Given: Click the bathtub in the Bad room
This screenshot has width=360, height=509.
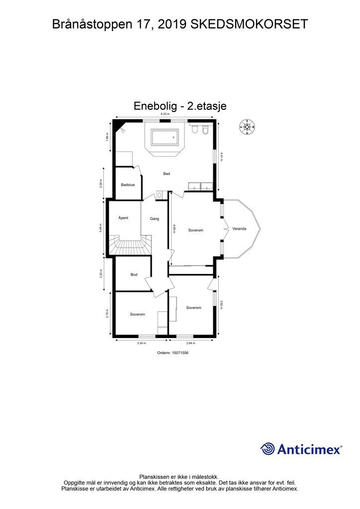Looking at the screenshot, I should click(x=164, y=137).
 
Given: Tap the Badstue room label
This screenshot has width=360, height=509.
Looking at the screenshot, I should click(x=128, y=185).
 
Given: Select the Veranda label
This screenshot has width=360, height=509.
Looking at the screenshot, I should click(x=239, y=229).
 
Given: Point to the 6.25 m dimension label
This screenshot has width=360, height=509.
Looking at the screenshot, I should click(x=165, y=115).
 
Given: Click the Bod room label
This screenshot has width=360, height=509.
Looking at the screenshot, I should click(x=134, y=274).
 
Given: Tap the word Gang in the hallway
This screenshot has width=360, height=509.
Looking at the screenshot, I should click(x=154, y=219).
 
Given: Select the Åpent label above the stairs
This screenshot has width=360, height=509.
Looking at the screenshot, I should click(x=124, y=218).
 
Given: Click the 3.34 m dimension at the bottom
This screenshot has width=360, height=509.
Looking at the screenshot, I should click(x=141, y=343).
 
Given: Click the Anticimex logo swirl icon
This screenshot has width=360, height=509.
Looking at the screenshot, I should click(x=268, y=449).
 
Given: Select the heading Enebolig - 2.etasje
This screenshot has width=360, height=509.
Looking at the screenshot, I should click(x=180, y=106).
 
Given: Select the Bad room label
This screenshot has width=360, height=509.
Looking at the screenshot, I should click(x=167, y=173).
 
